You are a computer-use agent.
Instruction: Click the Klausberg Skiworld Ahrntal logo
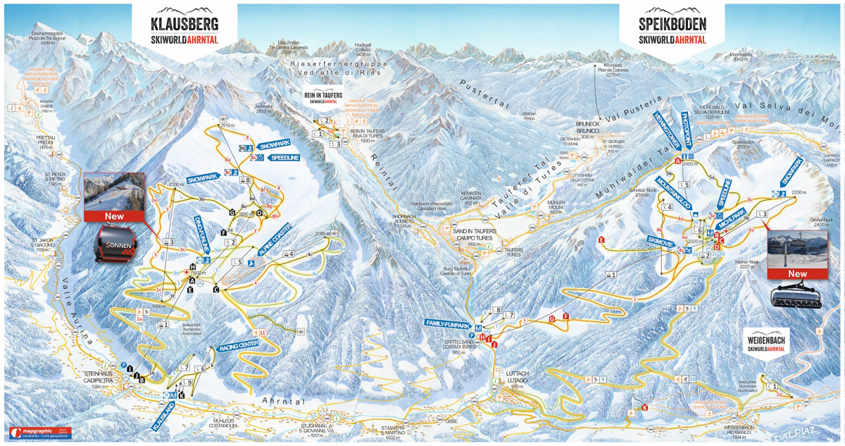184,30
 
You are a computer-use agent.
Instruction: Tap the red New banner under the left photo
113,216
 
